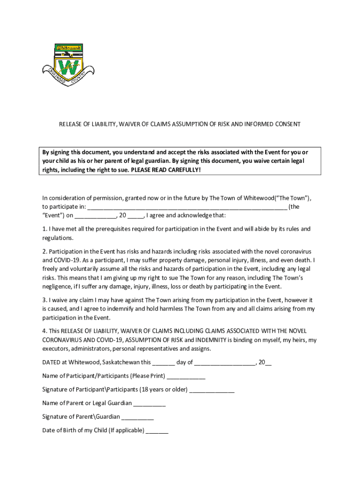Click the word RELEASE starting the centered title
point(70,124)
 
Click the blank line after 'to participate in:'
point(187,207)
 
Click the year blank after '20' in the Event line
point(136,216)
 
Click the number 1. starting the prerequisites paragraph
point(45,229)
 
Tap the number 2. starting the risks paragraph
point(45,252)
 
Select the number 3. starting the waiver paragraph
point(45,300)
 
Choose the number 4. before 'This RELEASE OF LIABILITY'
point(45,331)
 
